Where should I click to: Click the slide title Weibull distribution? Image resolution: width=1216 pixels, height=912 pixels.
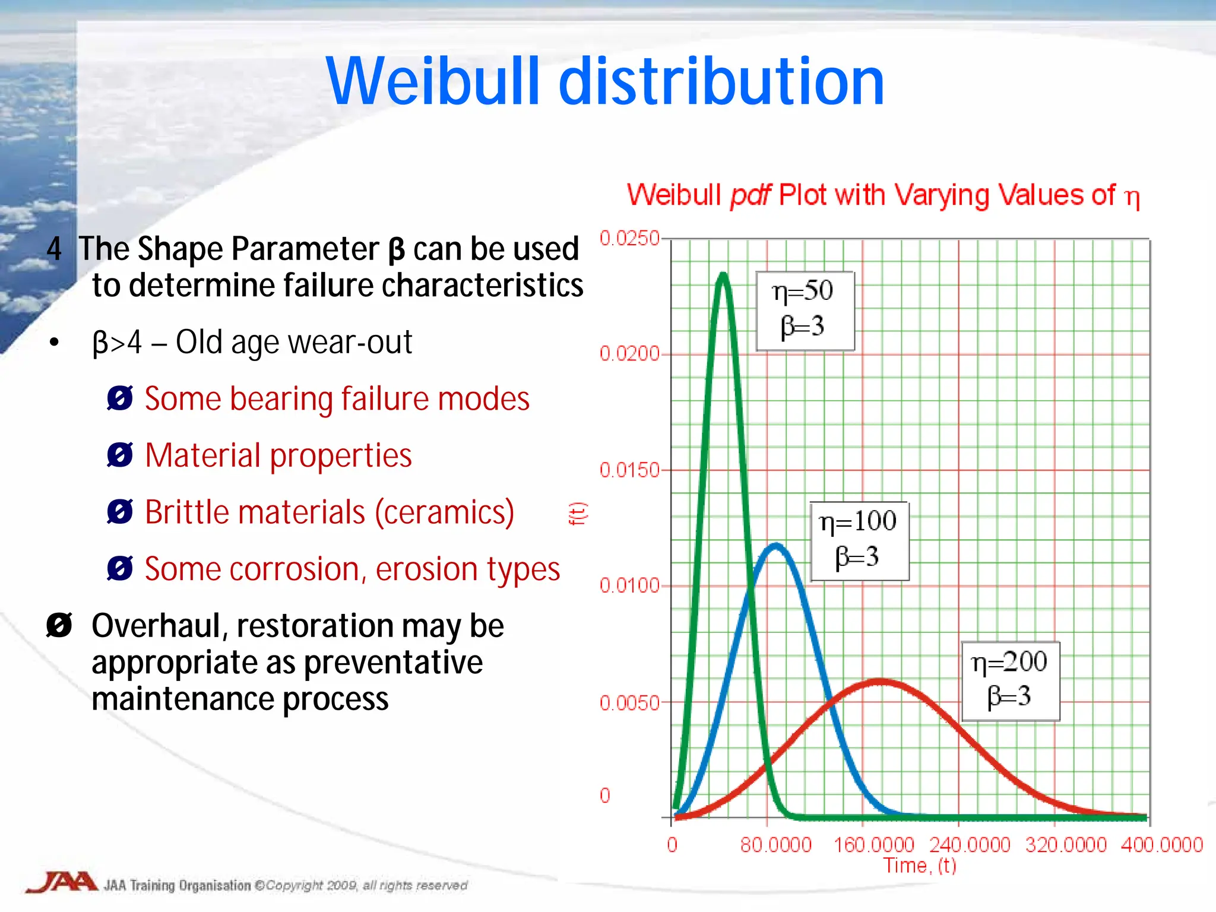[605, 82]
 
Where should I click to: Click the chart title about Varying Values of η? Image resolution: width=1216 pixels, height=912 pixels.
[883, 195]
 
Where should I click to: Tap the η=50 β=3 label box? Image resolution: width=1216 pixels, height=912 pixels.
[805, 311]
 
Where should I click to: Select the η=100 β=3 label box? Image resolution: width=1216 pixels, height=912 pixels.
[859, 540]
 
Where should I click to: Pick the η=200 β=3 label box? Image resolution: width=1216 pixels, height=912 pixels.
[1010, 680]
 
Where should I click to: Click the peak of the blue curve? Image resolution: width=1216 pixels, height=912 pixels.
[775, 546]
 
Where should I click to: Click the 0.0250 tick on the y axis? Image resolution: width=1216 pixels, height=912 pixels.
[629, 239]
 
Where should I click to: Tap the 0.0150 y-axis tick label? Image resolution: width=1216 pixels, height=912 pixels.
[629, 470]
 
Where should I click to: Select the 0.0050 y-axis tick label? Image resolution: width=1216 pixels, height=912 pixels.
[629, 703]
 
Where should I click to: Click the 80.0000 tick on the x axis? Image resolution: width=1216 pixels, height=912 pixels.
[775, 844]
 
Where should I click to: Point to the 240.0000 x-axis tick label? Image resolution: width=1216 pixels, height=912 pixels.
[969, 844]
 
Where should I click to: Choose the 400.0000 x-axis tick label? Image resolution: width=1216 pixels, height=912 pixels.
[1161, 844]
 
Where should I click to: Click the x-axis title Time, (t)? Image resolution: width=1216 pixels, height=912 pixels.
[919, 866]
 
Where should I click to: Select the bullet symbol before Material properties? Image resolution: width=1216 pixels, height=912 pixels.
[120, 456]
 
